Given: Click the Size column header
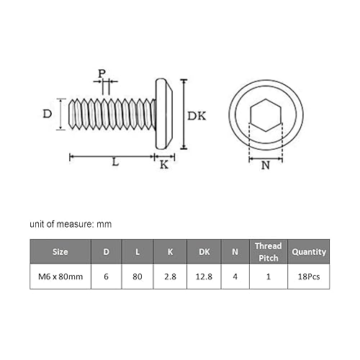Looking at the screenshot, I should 60,253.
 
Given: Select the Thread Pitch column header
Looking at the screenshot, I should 268,252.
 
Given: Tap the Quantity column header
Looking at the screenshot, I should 308,253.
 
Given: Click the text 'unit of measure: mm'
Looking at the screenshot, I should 71,225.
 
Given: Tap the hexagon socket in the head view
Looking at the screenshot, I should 266,114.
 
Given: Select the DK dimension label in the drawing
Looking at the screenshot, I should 198,115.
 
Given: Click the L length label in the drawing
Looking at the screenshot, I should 115,163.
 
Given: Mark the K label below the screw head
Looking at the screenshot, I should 163,165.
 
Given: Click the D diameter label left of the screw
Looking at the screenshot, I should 47,114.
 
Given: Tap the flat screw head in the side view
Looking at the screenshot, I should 163,114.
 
